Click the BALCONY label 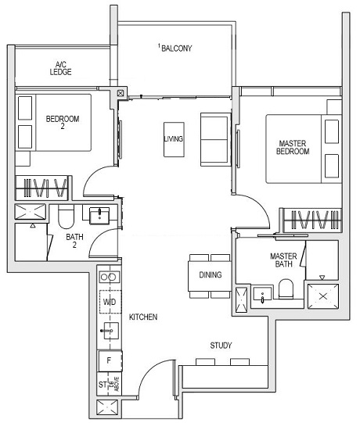176,48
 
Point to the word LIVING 173,138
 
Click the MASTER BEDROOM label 294,147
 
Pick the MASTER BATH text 283,260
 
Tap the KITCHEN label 144,317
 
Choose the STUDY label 221,345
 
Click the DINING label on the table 210,274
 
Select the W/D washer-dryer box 108,302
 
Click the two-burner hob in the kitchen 108,276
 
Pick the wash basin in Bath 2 99,215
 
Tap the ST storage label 103,385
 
